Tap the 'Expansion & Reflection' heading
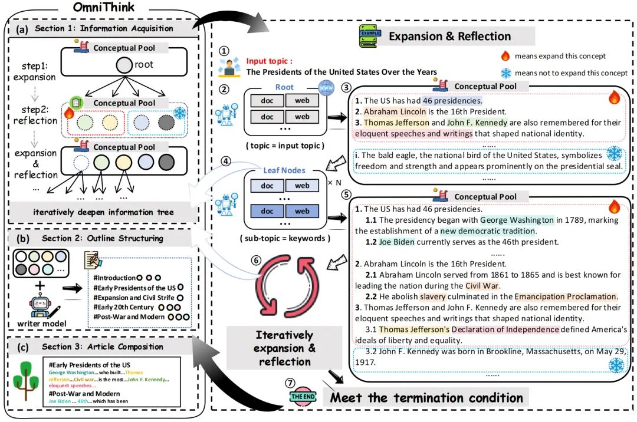(449, 36)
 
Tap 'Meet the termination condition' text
(426, 397)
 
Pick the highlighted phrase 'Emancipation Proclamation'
(566, 296)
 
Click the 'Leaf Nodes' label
(285, 170)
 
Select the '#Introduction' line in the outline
(114, 278)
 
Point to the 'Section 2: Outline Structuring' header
(102, 238)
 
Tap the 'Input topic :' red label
(270, 61)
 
